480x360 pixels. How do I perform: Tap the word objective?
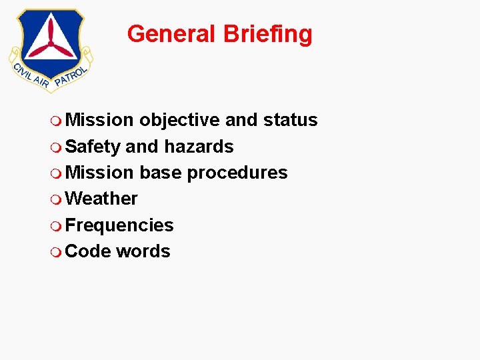pyautogui.click(x=179, y=120)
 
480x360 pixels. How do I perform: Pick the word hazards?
pyautogui.click(x=199, y=147)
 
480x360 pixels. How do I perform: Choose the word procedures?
pyautogui.click(x=237, y=173)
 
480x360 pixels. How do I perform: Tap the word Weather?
pyautogui.click(x=102, y=199)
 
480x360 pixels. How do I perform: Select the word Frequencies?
pyautogui.click(x=120, y=225)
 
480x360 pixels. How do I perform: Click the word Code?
pyautogui.click(x=89, y=251)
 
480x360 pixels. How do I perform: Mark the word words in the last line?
pyautogui.click(x=143, y=251)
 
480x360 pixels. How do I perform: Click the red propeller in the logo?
pyautogui.click(x=51, y=41)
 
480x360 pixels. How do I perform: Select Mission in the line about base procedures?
pyautogui.click(x=100, y=173)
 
